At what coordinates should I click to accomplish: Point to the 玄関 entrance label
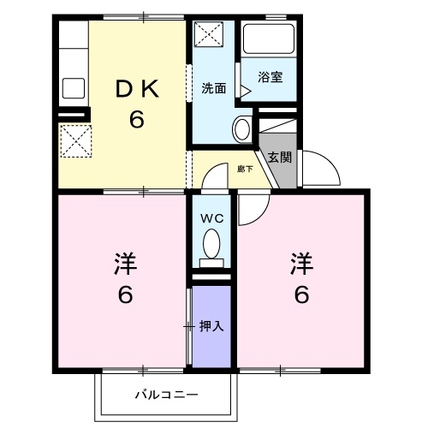pos(279,157)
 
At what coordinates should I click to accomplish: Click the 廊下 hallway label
pos(245,169)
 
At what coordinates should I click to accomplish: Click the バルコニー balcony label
pos(166,395)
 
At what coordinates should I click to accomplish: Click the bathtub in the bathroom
pos(268,41)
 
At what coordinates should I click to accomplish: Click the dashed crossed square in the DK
pos(74,139)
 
